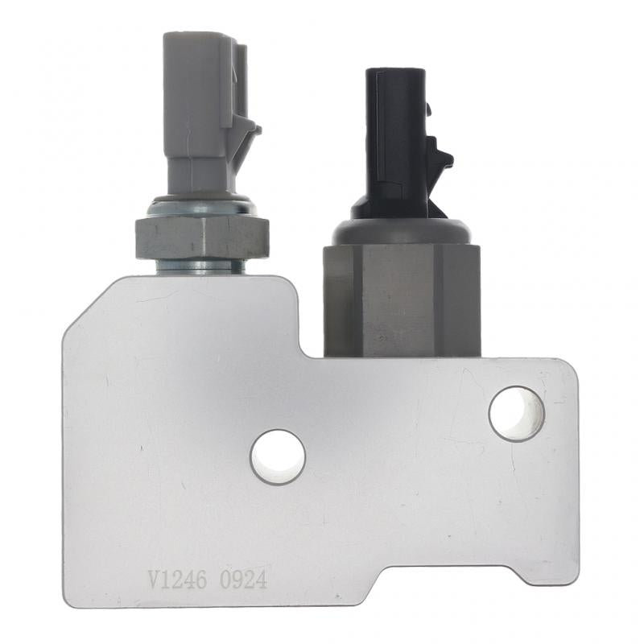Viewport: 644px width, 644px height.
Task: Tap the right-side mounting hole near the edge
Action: (x=517, y=414)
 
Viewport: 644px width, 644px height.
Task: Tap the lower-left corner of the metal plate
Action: (x=69, y=600)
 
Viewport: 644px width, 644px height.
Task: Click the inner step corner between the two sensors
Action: (x=301, y=354)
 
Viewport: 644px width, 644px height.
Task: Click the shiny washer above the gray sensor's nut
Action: (x=202, y=208)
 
